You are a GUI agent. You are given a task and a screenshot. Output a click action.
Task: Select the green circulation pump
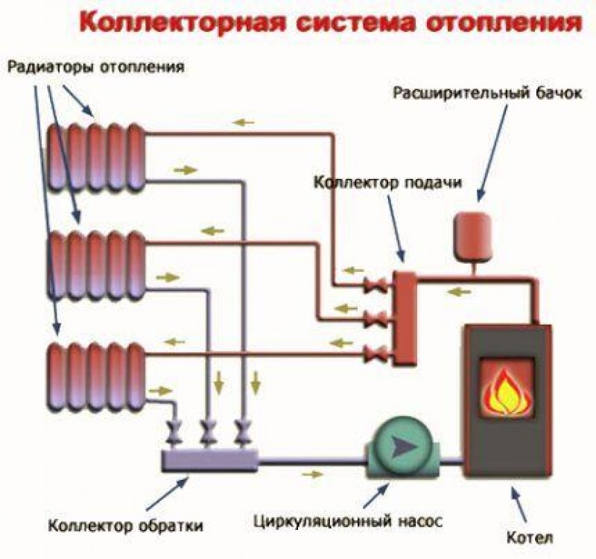(x=400, y=449)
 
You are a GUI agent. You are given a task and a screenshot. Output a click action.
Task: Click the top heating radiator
(x=96, y=157)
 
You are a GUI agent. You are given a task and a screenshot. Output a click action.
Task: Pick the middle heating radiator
(x=96, y=265)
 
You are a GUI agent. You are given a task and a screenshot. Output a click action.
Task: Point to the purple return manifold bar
(x=209, y=461)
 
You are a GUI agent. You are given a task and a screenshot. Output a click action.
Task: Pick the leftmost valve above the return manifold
(x=177, y=430)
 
